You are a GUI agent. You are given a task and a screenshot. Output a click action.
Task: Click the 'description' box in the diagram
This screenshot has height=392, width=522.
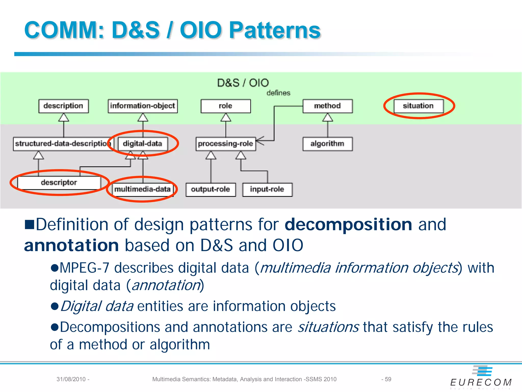point(63,106)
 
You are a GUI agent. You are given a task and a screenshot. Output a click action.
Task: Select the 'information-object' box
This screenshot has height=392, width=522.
point(142,106)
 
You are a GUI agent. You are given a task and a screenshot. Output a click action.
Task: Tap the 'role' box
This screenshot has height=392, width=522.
point(226,106)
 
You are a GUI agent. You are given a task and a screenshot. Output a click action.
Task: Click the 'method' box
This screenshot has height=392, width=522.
point(328,106)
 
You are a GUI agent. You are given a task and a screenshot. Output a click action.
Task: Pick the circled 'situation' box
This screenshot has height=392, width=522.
point(419,106)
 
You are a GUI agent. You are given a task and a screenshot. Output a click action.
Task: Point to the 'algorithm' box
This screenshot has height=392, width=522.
point(328,144)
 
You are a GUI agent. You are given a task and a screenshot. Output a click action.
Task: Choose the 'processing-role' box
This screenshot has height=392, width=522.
point(226,144)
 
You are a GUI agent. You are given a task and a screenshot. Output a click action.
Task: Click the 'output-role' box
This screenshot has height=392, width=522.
point(211,189)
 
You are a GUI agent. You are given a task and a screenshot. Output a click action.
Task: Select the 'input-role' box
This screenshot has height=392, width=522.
point(267,189)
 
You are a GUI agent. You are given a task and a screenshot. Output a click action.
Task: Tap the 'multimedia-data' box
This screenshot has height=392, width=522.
point(142,189)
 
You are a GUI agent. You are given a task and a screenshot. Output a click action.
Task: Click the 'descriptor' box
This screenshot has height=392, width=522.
point(59,183)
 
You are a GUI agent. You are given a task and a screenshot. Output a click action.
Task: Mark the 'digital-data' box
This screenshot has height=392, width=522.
point(142,144)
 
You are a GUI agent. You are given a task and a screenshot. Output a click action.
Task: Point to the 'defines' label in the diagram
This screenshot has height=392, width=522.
point(278,93)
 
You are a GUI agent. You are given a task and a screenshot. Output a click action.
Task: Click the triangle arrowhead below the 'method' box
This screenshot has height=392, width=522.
point(328,118)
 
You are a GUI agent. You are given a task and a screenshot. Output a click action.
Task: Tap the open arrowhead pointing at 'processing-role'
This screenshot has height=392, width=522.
point(259,140)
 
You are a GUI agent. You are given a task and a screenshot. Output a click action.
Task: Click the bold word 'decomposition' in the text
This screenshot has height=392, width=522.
point(348,225)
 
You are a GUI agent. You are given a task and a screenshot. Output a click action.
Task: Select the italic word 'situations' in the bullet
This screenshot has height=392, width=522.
point(328,327)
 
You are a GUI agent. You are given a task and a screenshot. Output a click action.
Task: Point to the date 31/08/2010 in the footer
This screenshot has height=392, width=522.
point(71,379)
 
